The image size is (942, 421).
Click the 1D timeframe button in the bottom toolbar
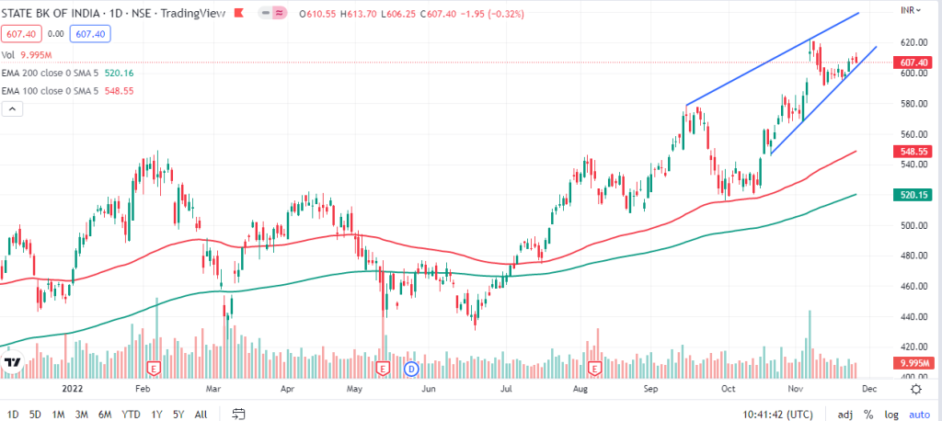pos(14,415)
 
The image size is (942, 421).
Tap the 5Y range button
pos(178,415)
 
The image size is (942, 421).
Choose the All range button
pos(201,415)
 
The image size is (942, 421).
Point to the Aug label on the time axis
pos(581,389)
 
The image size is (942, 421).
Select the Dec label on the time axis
pos(868,389)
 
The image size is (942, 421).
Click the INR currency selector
pos(909,10)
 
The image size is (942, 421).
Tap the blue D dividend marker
pos(411,369)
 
